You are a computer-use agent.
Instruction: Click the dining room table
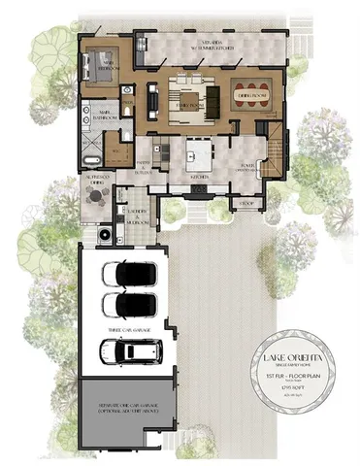(x=250, y=96)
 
